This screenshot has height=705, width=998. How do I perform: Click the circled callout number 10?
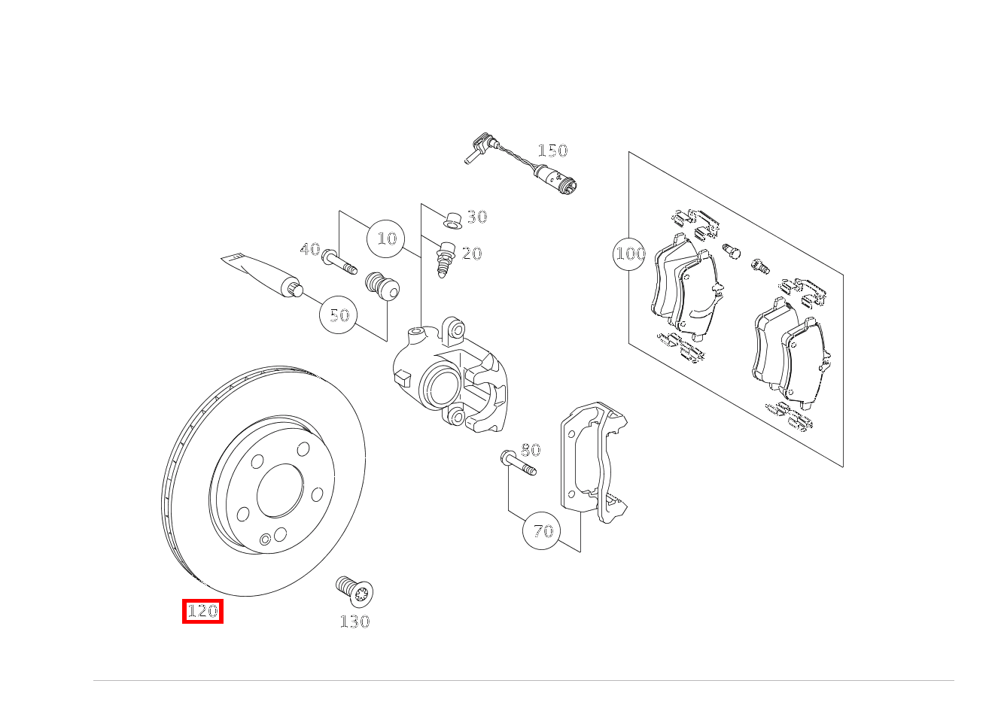point(386,239)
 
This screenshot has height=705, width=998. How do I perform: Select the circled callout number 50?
point(339,315)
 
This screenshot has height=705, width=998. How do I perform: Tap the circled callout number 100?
point(631,254)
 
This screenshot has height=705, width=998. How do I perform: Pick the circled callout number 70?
point(543,531)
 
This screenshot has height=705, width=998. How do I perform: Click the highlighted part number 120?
point(202,611)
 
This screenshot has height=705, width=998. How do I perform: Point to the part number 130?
point(354,621)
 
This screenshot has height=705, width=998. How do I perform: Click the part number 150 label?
point(552,150)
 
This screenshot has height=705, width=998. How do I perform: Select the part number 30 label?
point(477,217)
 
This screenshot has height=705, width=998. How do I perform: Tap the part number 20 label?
point(472,254)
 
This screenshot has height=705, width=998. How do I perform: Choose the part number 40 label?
point(310,249)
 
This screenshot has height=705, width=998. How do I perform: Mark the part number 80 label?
point(531,450)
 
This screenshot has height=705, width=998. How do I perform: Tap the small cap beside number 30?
point(452,220)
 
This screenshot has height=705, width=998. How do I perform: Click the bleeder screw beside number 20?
point(446,258)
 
